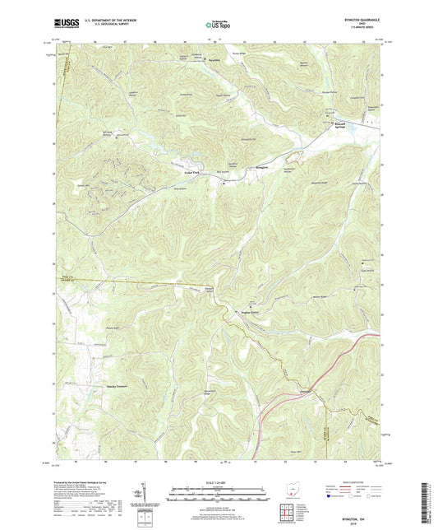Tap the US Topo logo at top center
219,25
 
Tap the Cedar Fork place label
191,172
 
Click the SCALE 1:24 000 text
219,482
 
